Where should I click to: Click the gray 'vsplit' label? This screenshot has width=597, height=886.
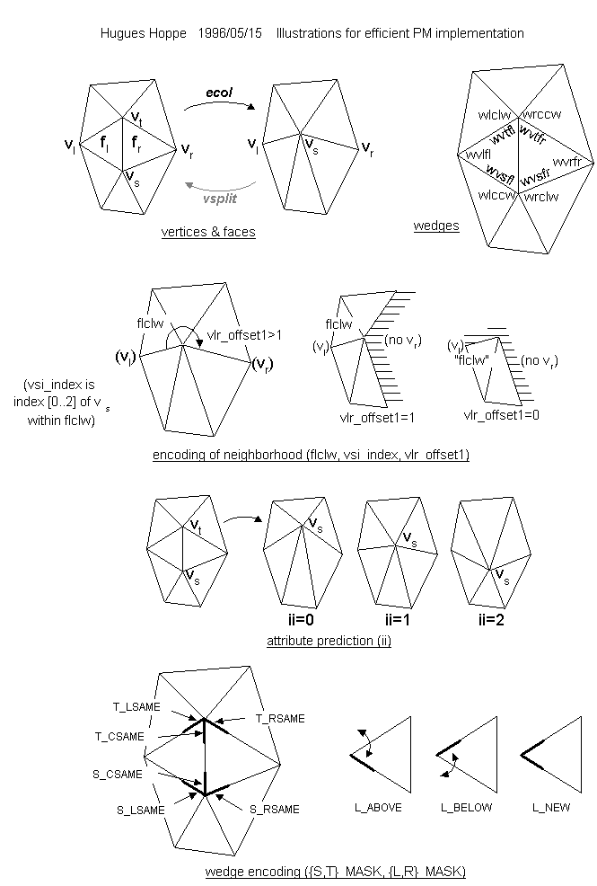[x=219, y=197]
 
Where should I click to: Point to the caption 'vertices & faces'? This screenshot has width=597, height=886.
[x=208, y=232]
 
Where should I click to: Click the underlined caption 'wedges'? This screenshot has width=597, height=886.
[x=436, y=226]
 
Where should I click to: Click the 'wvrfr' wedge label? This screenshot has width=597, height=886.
[x=568, y=162]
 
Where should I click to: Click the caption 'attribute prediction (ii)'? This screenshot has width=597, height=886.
[x=329, y=642]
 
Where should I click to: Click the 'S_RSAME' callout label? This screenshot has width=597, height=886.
[x=275, y=810]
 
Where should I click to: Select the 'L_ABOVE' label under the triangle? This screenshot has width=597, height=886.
[x=378, y=808]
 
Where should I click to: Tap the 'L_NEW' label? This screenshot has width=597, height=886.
[x=551, y=808]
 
